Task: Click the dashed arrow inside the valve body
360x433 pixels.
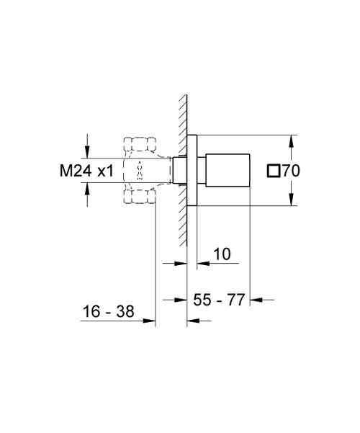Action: [x=138, y=171]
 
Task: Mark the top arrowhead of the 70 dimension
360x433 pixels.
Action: [x=292, y=139]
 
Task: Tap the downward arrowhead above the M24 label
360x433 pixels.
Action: [x=86, y=152]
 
